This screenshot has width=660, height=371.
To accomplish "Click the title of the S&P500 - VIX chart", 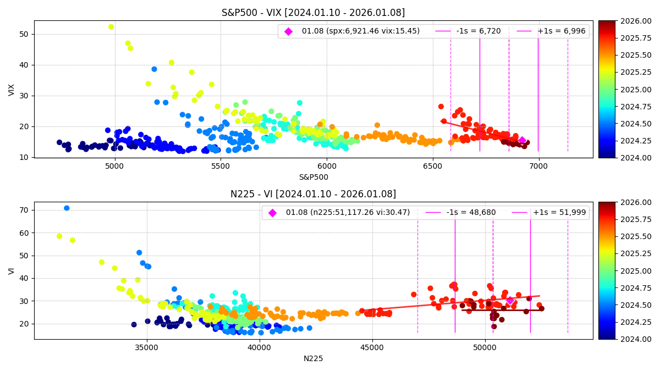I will [x=313, y=13].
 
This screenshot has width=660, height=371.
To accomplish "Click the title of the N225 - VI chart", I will [x=313, y=194].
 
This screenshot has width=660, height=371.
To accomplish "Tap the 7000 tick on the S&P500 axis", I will [x=538, y=164].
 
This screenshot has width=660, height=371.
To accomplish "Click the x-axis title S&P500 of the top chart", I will [x=313, y=177].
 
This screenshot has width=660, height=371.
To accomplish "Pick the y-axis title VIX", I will [x=12, y=90].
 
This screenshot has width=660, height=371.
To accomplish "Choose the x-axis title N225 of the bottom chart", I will [x=313, y=358].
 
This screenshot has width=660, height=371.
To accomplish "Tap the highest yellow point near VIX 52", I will [x=111, y=27].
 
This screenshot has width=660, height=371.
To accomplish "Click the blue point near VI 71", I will [x=67, y=208].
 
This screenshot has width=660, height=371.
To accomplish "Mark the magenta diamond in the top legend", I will [x=288, y=31].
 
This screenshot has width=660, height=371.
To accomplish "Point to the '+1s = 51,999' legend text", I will [x=559, y=213].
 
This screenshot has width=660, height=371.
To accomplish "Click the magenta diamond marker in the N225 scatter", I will [x=510, y=301].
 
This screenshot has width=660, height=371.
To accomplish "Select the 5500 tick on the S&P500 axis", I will [x=221, y=164].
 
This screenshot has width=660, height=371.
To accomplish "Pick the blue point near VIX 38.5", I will [x=155, y=69].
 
